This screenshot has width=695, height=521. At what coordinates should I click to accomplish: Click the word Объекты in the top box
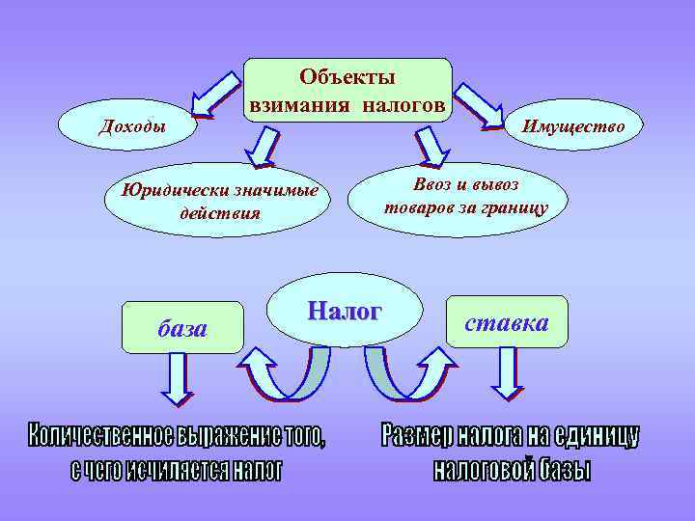(347, 76)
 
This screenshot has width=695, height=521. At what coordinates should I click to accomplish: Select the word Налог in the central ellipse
(345, 311)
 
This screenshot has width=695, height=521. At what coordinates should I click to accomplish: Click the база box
(182, 328)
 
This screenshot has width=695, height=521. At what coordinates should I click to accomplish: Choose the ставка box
(507, 322)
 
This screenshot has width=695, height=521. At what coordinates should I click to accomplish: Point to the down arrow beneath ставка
(507, 373)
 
